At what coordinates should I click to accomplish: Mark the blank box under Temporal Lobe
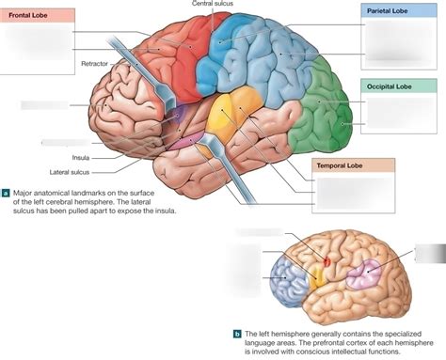click(353, 193)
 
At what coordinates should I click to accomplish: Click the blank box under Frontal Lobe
click(38, 42)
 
